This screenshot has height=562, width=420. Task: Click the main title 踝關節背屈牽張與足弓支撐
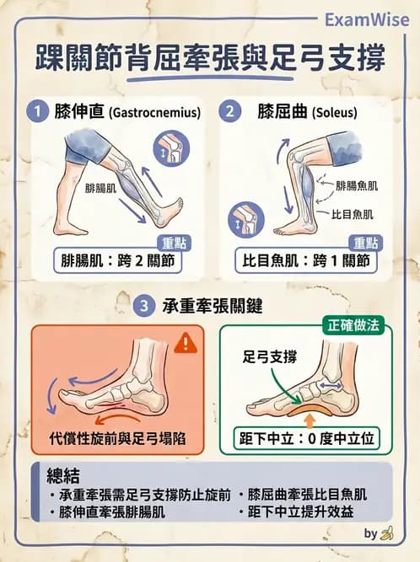(211, 60)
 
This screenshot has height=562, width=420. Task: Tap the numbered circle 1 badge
(35, 110)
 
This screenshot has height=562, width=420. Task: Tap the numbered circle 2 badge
(229, 110)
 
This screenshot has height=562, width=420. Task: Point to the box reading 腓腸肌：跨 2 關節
(117, 260)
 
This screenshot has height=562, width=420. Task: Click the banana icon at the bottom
(387, 533)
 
